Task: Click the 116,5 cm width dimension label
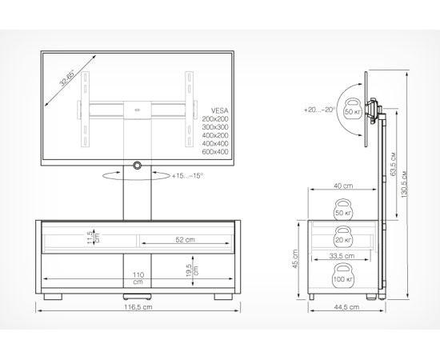click(138, 307)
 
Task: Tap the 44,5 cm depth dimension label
click(346, 307)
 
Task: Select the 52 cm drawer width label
click(185, 240)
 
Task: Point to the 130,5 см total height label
click(404, 184)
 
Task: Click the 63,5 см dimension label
click(393, 164)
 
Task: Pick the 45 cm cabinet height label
click(295, 258)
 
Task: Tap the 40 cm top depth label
click(343, 186)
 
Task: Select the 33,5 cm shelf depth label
click(342, 256)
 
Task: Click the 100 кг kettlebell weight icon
click(343, 275)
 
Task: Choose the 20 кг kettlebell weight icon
click(342, 237)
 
